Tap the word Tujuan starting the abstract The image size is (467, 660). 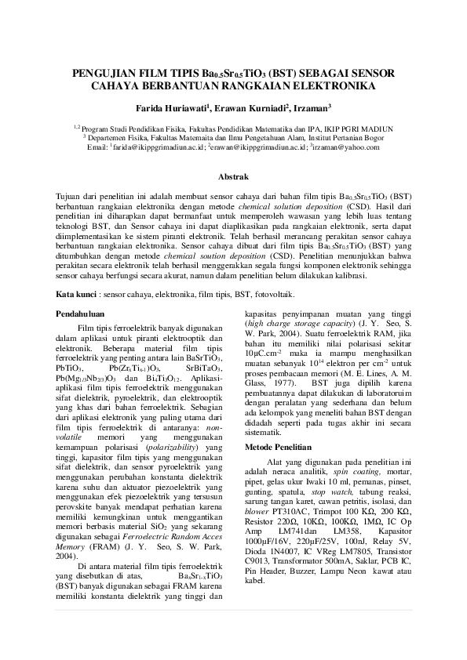coord(70,194)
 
